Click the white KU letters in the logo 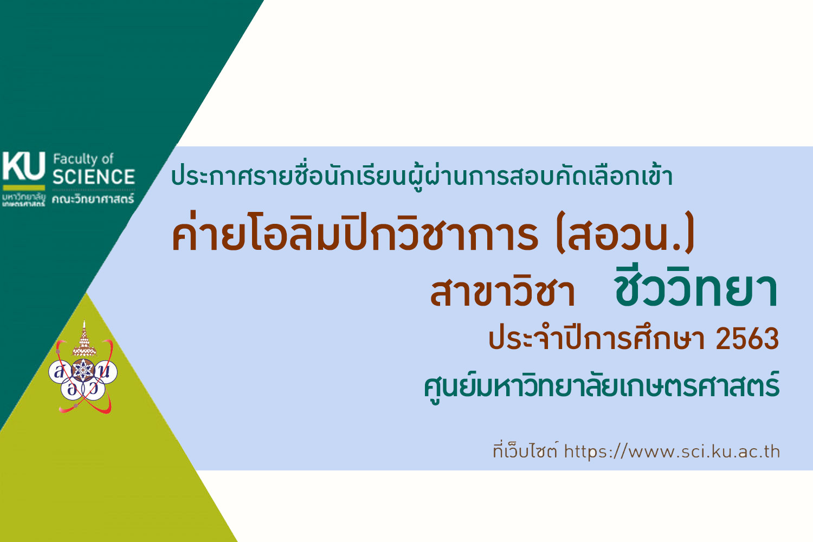pyautogui.click(x=24, y=166)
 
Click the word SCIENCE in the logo pyautogui.click(x=94, y=177)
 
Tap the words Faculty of pyautogui.click(x=83, y=159)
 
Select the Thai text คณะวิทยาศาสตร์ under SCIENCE pyautogui.click(x=93, y=198)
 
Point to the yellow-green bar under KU pyautogui.click(x=24, y=188)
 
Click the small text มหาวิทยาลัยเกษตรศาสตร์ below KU pyautogui.click(x=24, y=199)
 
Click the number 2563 pyautogui.click(x=747, y=339)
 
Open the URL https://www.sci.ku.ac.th pyautogui.click(x=672, y=452)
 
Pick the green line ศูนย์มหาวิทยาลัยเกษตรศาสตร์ pyautogui.click(x=602, y=386)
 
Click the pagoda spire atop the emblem pyautogui.click(x=85, y=338)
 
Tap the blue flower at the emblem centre pyautogui.click(x=84, y=370)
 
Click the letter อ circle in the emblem pyautogui.click(x=71, y=390)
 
